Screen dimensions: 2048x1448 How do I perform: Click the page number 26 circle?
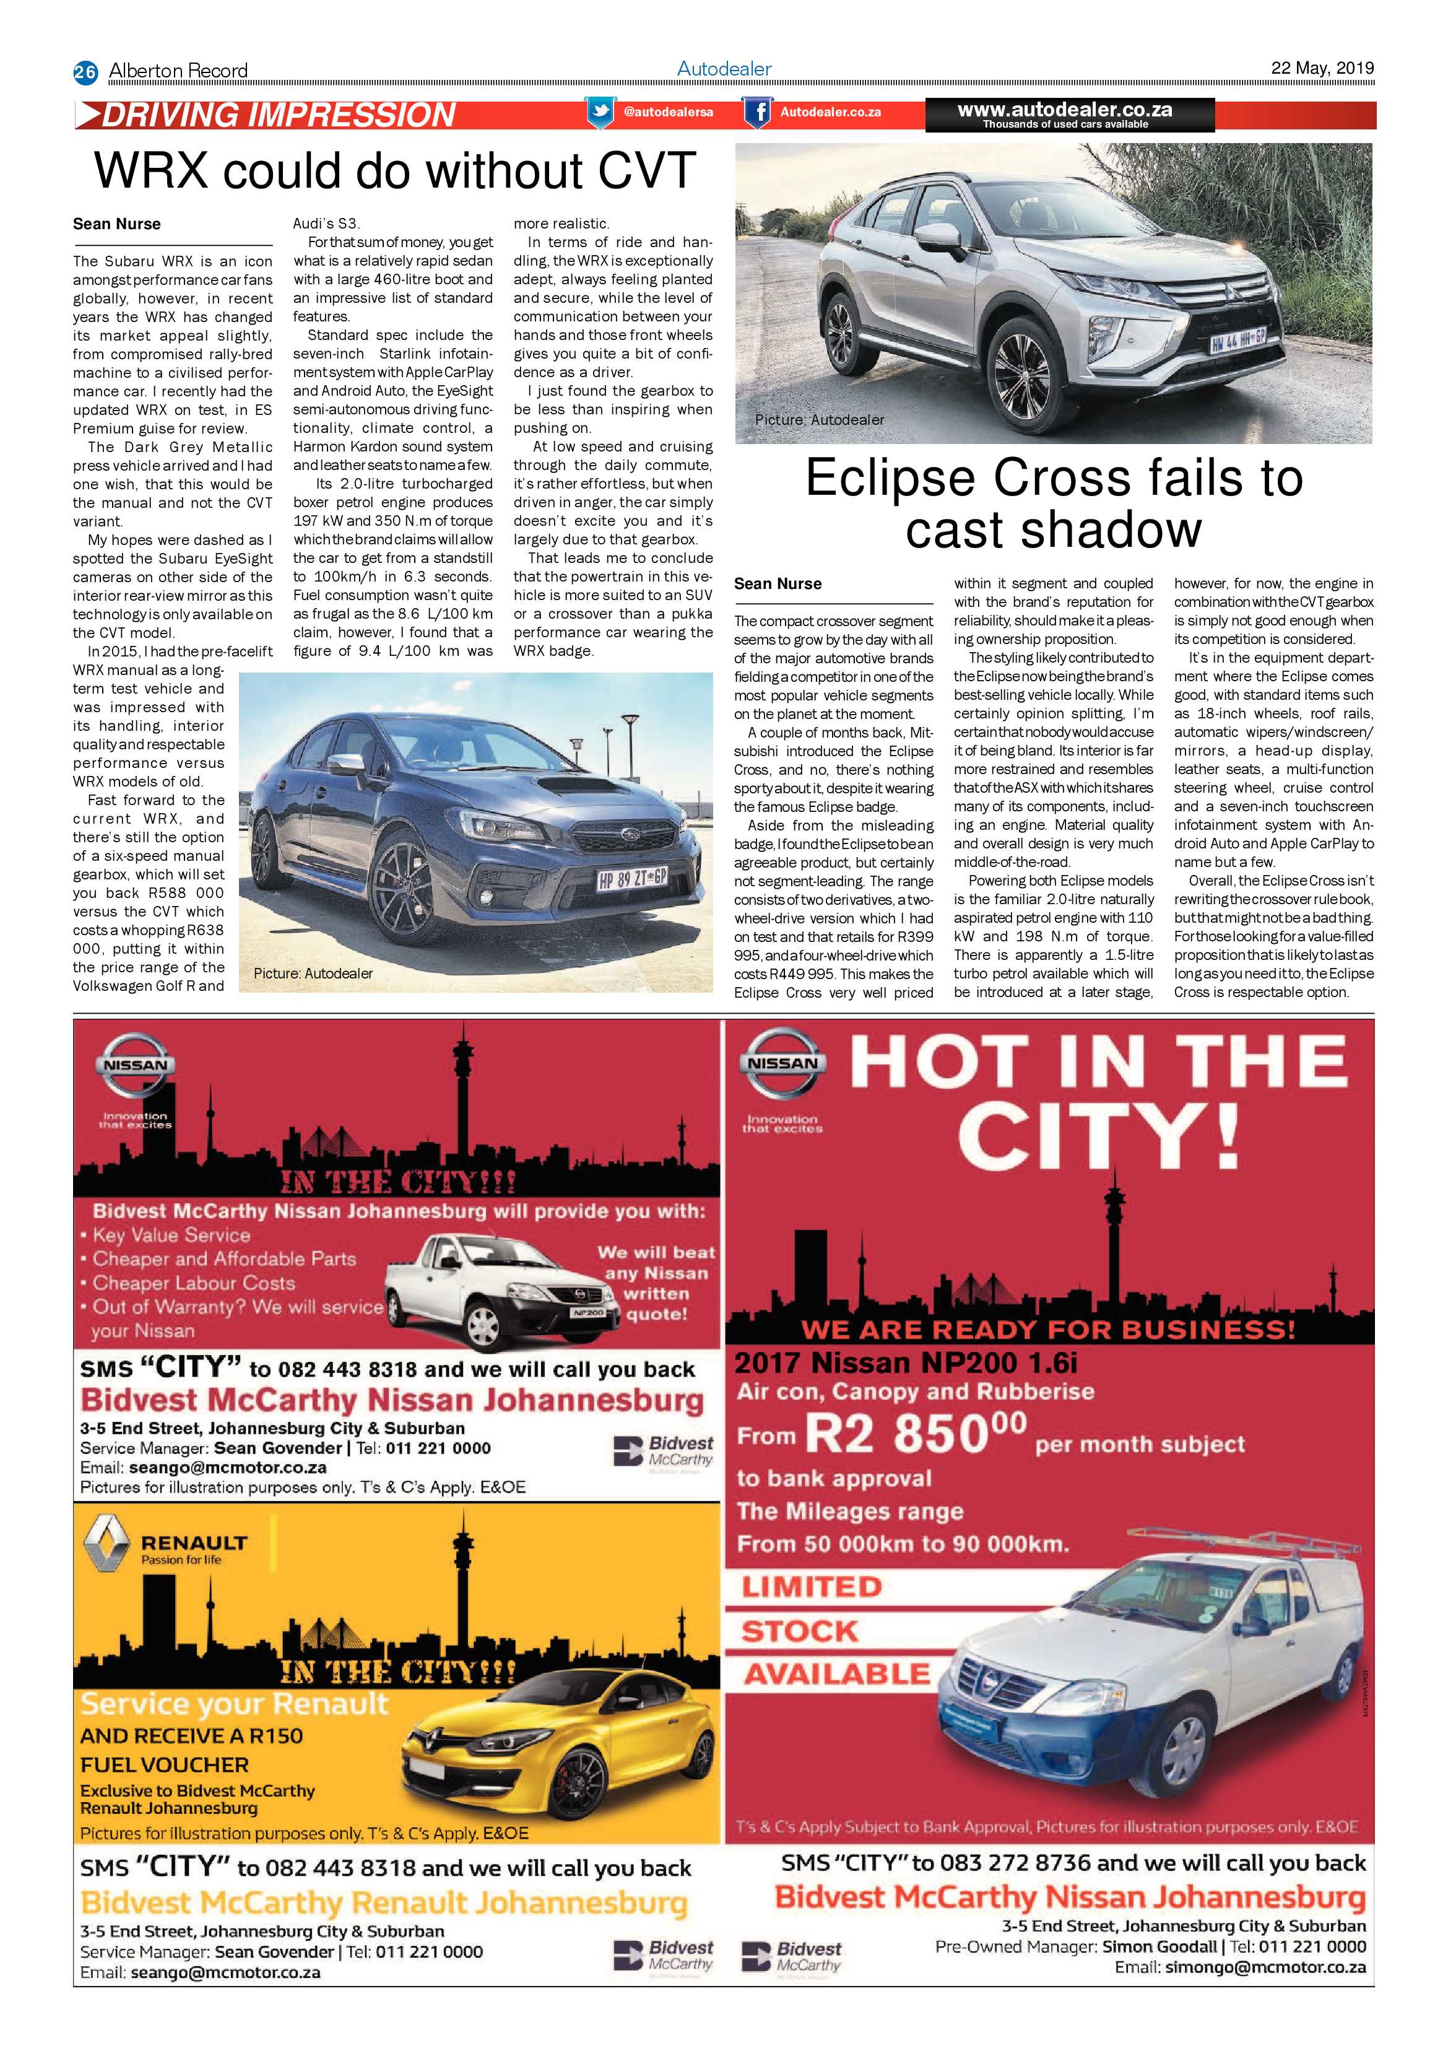(x=85, y=71)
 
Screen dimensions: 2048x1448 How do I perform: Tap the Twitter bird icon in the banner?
(x=600, y=112)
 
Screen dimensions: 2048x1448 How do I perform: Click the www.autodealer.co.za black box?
(x=1069, y=114)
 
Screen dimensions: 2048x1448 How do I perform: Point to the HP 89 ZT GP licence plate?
(x=631, y=879)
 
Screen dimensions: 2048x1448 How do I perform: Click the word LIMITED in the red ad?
(x=812, y=1587)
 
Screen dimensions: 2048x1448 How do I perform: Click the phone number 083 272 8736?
(x=1000, y=1862)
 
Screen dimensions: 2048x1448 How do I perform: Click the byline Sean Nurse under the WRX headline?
(x=117, y=224)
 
